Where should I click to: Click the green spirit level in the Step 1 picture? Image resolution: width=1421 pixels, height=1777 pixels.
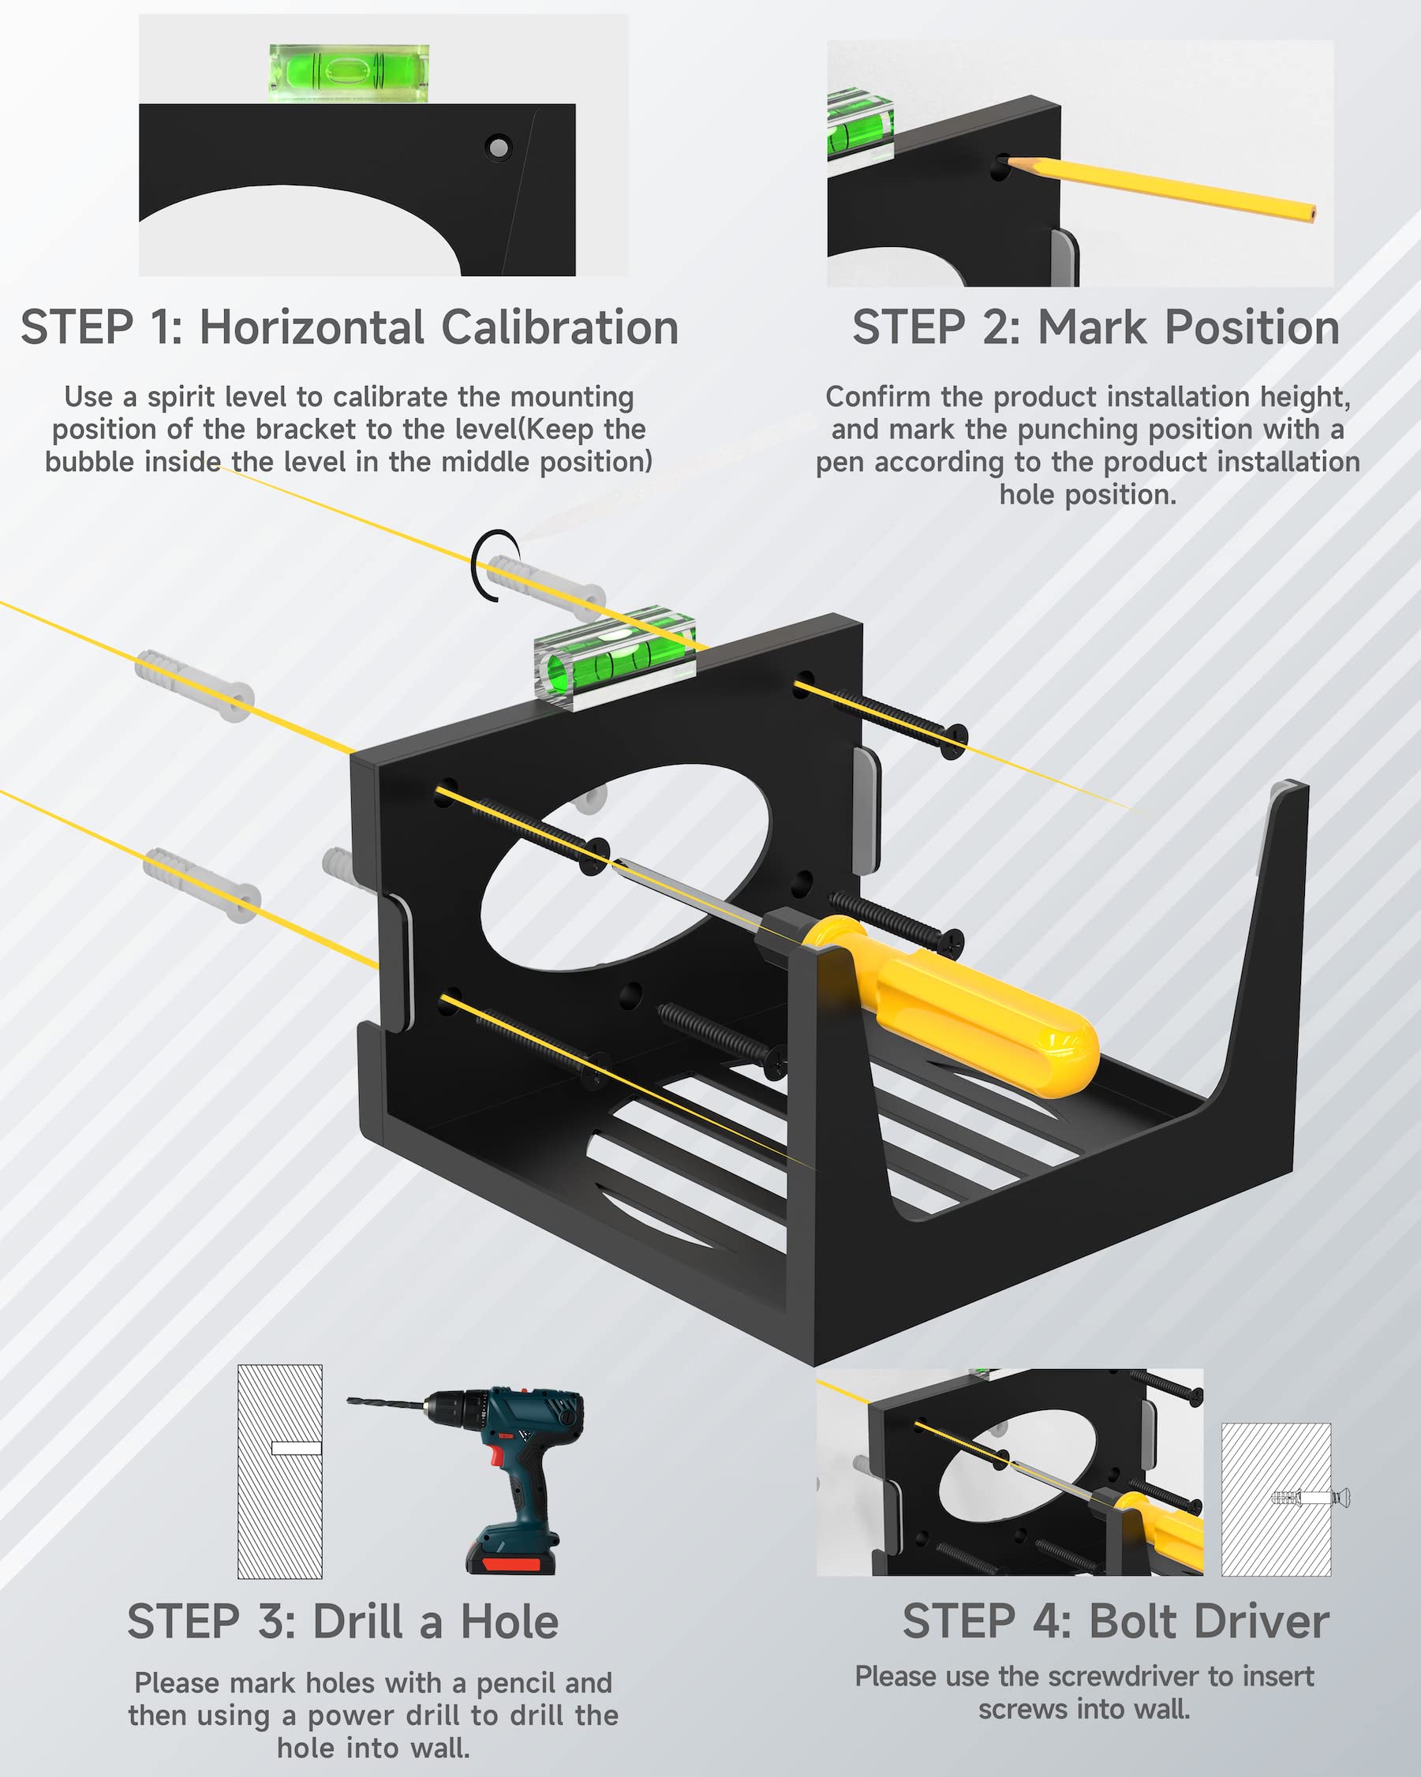click(x=349, y=73)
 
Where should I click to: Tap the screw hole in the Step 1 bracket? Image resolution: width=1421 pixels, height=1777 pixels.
click(x=498, y=148)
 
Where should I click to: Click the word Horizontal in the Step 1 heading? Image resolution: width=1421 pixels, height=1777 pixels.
click(x=312, y=327)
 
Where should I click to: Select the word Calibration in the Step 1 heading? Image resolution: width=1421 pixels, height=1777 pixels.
click(x=559, y=327)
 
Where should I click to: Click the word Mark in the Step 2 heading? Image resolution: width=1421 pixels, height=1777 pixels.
click(x=1091, y=327)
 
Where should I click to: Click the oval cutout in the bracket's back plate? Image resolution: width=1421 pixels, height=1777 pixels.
click(x=625, y=867)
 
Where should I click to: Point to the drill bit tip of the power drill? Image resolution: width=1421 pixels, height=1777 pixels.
click(x=350, y=1399)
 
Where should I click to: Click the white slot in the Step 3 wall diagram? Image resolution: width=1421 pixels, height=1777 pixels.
click(x=296, y=1447)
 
